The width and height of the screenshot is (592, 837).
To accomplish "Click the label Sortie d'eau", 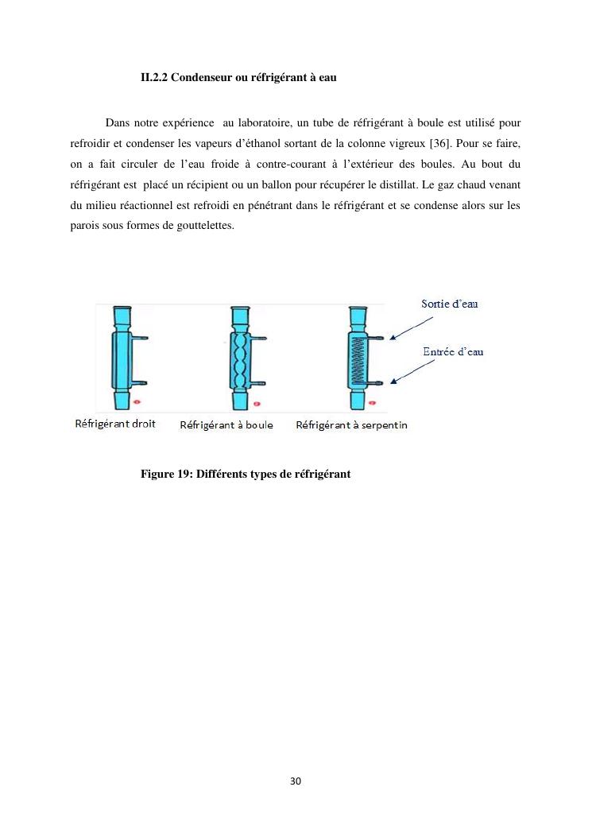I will point(449,304).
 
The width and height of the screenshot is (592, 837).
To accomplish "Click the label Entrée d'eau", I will point(452,351).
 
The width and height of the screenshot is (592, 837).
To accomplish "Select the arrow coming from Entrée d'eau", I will point(414,370).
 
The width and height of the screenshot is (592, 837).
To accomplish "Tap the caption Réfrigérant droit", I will point(115,424).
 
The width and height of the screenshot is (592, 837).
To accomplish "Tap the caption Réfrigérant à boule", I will point(226,424).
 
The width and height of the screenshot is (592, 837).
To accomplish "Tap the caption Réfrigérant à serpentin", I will point(351,424).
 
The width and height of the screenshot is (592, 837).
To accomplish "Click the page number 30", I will point(296,781).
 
